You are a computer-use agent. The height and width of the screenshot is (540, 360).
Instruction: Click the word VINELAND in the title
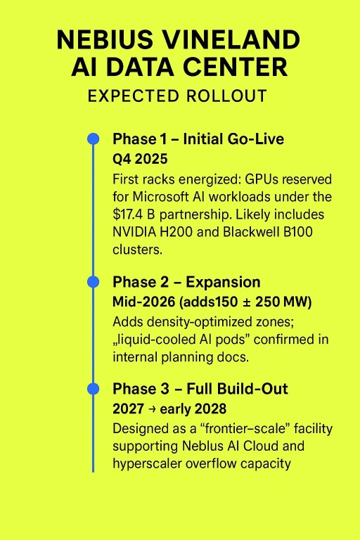coord(231,39)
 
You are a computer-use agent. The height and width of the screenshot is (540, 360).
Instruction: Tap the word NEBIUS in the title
coord(105,39)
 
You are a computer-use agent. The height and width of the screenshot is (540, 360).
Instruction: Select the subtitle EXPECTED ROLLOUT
coord(177,96)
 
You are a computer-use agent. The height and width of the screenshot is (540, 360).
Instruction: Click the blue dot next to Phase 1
coord(93,139)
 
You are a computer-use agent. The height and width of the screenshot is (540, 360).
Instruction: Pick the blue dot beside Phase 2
coord(93,282)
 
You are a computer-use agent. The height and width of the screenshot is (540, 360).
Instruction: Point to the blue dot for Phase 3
coord(93,389)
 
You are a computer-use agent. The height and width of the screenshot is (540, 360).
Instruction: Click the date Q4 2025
coord(140,159)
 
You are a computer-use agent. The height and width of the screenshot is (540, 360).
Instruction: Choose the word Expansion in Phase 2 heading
coord(223,282)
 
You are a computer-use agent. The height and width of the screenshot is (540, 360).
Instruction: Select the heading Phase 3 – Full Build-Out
coord(200,389)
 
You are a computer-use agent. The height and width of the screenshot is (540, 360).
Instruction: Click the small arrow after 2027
coord(152,409)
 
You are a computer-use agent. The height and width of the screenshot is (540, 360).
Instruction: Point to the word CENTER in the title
coord(236,67)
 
